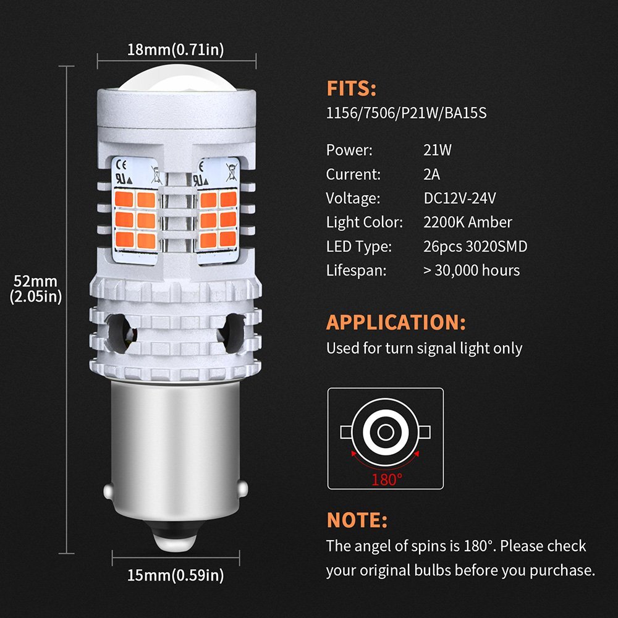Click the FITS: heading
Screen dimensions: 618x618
coord(351,89)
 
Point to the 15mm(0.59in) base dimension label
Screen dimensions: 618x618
coord(176,576)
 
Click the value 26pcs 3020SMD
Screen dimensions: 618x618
coord(472,247)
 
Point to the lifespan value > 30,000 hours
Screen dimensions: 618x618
coord(468,271)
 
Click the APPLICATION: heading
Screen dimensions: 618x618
coord(396,323)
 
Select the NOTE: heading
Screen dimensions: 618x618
coord(357,520)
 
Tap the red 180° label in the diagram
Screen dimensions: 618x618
coord(386,479)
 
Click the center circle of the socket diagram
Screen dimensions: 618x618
coord(385,431)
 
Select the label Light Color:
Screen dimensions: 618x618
coord(364,222)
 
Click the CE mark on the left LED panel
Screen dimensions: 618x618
coord(121,165)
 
